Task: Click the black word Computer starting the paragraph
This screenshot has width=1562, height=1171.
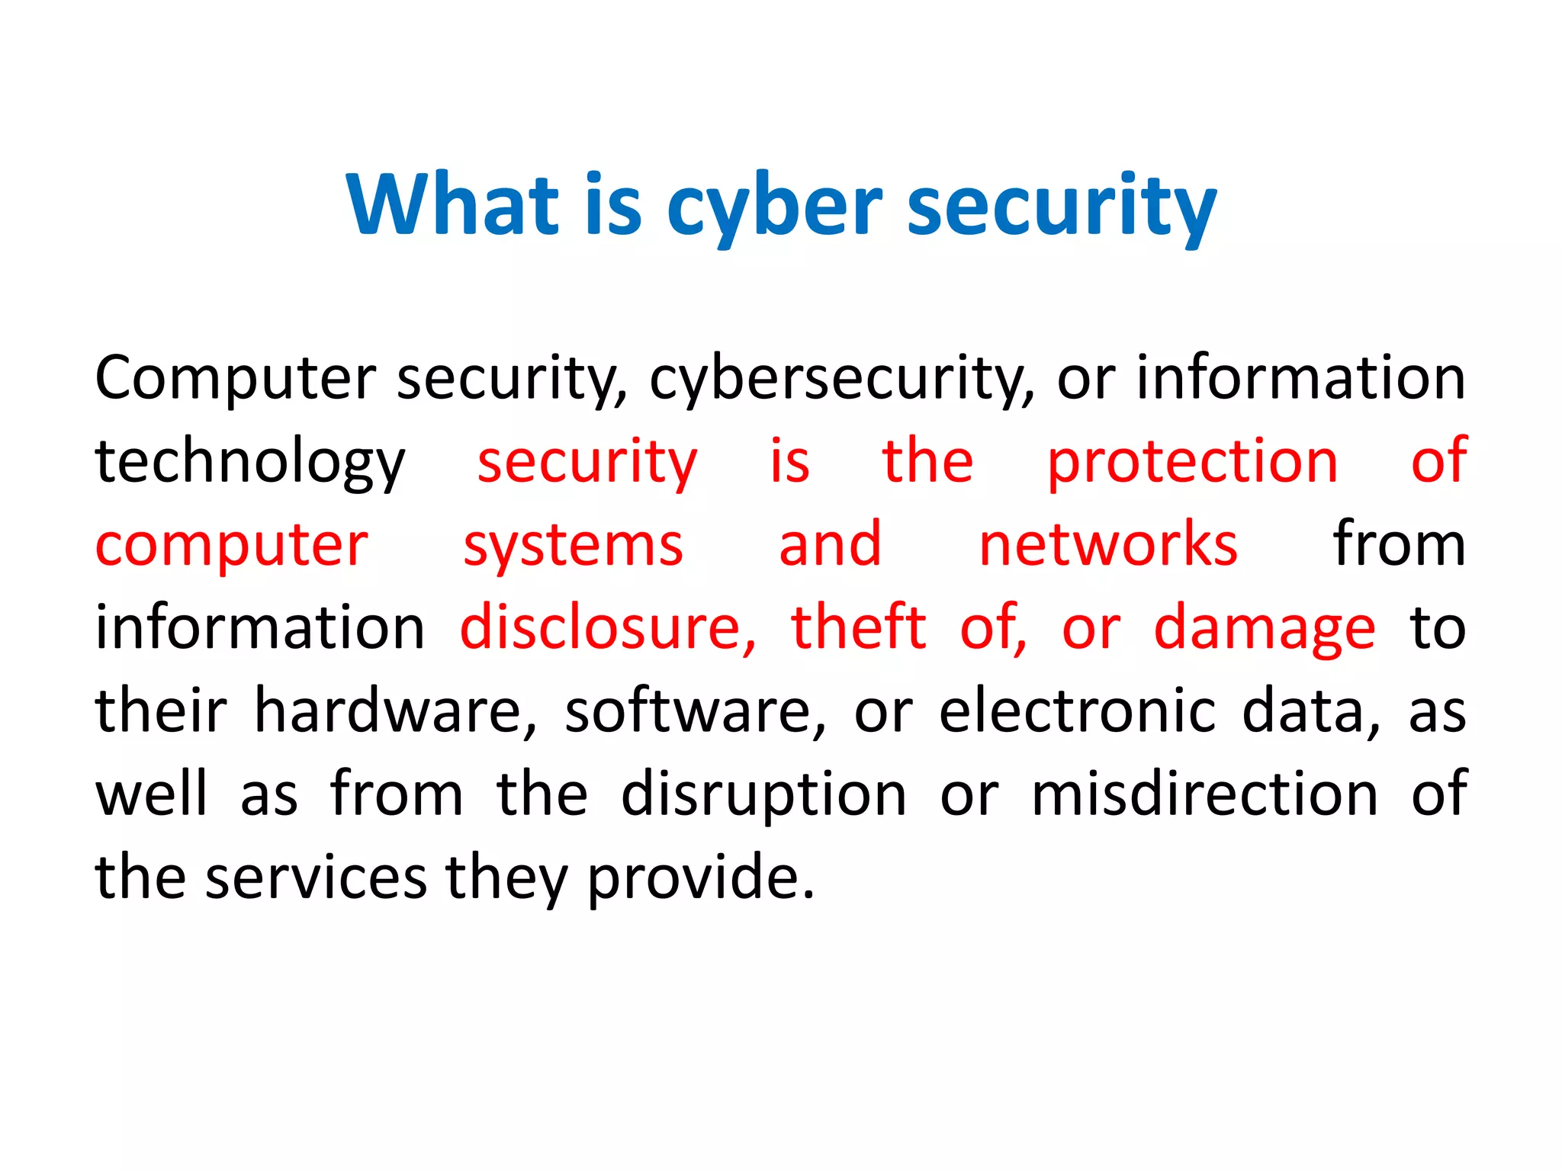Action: pyautogui.click(x=235, y=379)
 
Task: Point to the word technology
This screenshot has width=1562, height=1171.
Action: pyautogui.click(x=249, y=463)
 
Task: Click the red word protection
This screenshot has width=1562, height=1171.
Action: pyautogui.click(x=1192, y=463)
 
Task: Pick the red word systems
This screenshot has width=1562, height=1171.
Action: pyautogui.click(x=573, y=546)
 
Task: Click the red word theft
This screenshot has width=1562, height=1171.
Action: pyautogui.click(x=859, y=627)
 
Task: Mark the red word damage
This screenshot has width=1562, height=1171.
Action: pyautogui.click(x=1265, y=629)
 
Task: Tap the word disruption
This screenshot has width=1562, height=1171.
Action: pyautogui.click(x=763, y=795)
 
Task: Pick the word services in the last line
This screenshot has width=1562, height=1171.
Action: pyautogui.click(x=316, y=877)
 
